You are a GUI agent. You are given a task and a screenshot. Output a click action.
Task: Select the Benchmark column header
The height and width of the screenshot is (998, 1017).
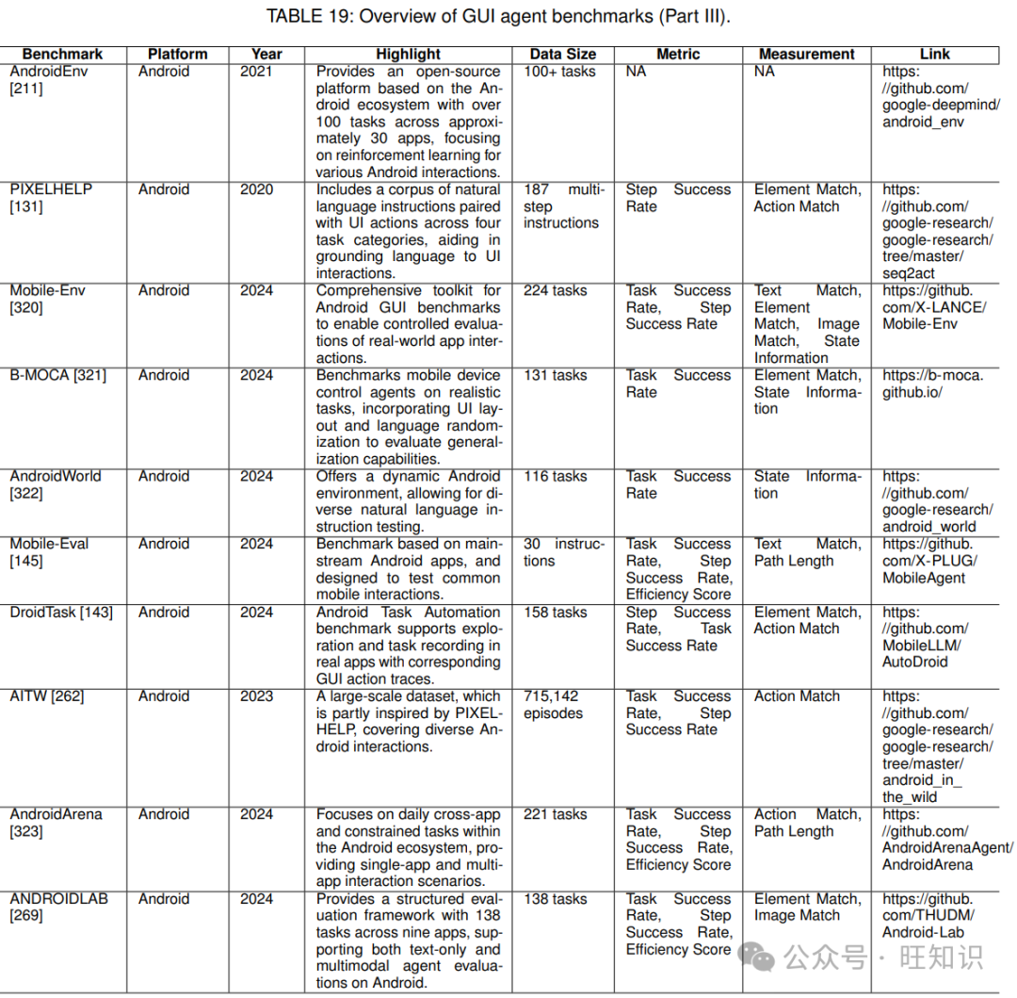[x=62, y=55]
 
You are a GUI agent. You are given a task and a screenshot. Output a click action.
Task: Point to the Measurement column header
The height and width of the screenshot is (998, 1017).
[x=807, y=55]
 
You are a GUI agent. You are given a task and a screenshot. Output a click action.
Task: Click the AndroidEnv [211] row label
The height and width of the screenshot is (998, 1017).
[x=48, y=80]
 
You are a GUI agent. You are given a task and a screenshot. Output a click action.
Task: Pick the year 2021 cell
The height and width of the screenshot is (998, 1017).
[x=256, y=72]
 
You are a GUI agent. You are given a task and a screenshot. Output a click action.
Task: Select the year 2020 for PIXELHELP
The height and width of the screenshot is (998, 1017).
[x=256, y=189]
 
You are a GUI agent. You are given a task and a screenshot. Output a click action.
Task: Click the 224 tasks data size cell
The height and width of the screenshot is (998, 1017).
[x=556, y=291]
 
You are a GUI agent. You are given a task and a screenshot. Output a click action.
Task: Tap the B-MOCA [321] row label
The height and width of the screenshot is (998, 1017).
[x=58, y=376]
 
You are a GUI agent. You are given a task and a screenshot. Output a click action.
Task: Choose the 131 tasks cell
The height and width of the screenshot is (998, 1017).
[x=556, y=376]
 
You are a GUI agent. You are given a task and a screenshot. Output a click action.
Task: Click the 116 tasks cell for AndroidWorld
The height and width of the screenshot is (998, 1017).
[x=556, y=477]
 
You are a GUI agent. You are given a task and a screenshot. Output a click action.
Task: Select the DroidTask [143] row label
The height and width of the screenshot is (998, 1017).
[x=61, y=613]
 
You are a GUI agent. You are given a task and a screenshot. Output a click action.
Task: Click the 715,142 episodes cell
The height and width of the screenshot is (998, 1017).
[x=555, y=705]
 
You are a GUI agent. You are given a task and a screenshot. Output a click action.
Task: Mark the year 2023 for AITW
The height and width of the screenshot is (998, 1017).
[x=256, y=696]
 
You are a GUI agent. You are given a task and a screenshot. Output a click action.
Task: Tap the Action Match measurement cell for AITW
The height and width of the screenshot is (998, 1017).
[x=797, y=696]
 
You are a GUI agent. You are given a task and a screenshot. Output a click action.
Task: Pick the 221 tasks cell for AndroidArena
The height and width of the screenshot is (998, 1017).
[x=556, y=815]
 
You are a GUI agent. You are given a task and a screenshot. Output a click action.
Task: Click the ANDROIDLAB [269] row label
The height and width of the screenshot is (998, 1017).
[x=58, y=908]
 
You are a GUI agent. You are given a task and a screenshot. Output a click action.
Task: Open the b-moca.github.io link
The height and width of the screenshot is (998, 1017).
[x=932, y=384]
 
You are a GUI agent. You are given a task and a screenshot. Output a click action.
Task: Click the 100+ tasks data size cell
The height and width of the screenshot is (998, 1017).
[x=560, y=72]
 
